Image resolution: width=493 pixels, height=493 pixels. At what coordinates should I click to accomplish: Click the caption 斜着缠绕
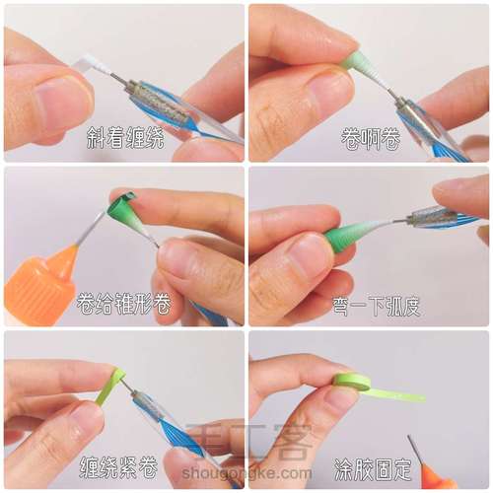(x=125, y=138)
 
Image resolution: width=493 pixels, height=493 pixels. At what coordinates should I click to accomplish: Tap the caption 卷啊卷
(x=371, y=138)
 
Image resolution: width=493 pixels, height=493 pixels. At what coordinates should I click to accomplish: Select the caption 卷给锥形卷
(x=123, y=304)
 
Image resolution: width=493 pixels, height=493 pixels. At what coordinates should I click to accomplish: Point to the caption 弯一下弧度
(x=377, y=306)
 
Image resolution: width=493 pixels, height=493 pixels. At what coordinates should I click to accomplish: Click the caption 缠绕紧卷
(x=118, y=467)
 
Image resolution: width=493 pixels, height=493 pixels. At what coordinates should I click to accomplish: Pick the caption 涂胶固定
(x=373, y=469)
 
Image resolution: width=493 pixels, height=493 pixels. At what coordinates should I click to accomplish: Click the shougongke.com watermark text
(x=246, y=473)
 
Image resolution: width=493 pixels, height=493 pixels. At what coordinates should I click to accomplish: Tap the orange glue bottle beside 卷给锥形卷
(x=41, y=283)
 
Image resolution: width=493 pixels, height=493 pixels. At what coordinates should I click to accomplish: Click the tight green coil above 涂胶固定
(x=352, y=382)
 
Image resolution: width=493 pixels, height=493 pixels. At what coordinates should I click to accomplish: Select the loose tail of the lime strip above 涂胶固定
(x=397, y=394)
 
